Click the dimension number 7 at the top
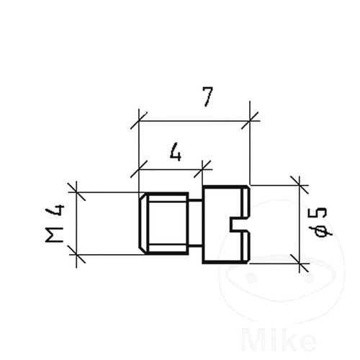click(x=208, y=96)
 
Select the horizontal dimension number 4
click(x=176, y=152)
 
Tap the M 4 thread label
click(x=55, y=223)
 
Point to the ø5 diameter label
click(x=321, y=222)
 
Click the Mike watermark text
click(x=279, y=340)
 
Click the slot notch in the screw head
click(x=240, y=225)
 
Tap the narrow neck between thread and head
click(x=196, y=223)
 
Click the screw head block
click(x=226, y=225)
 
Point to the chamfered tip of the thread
click(x=143, y=223)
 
